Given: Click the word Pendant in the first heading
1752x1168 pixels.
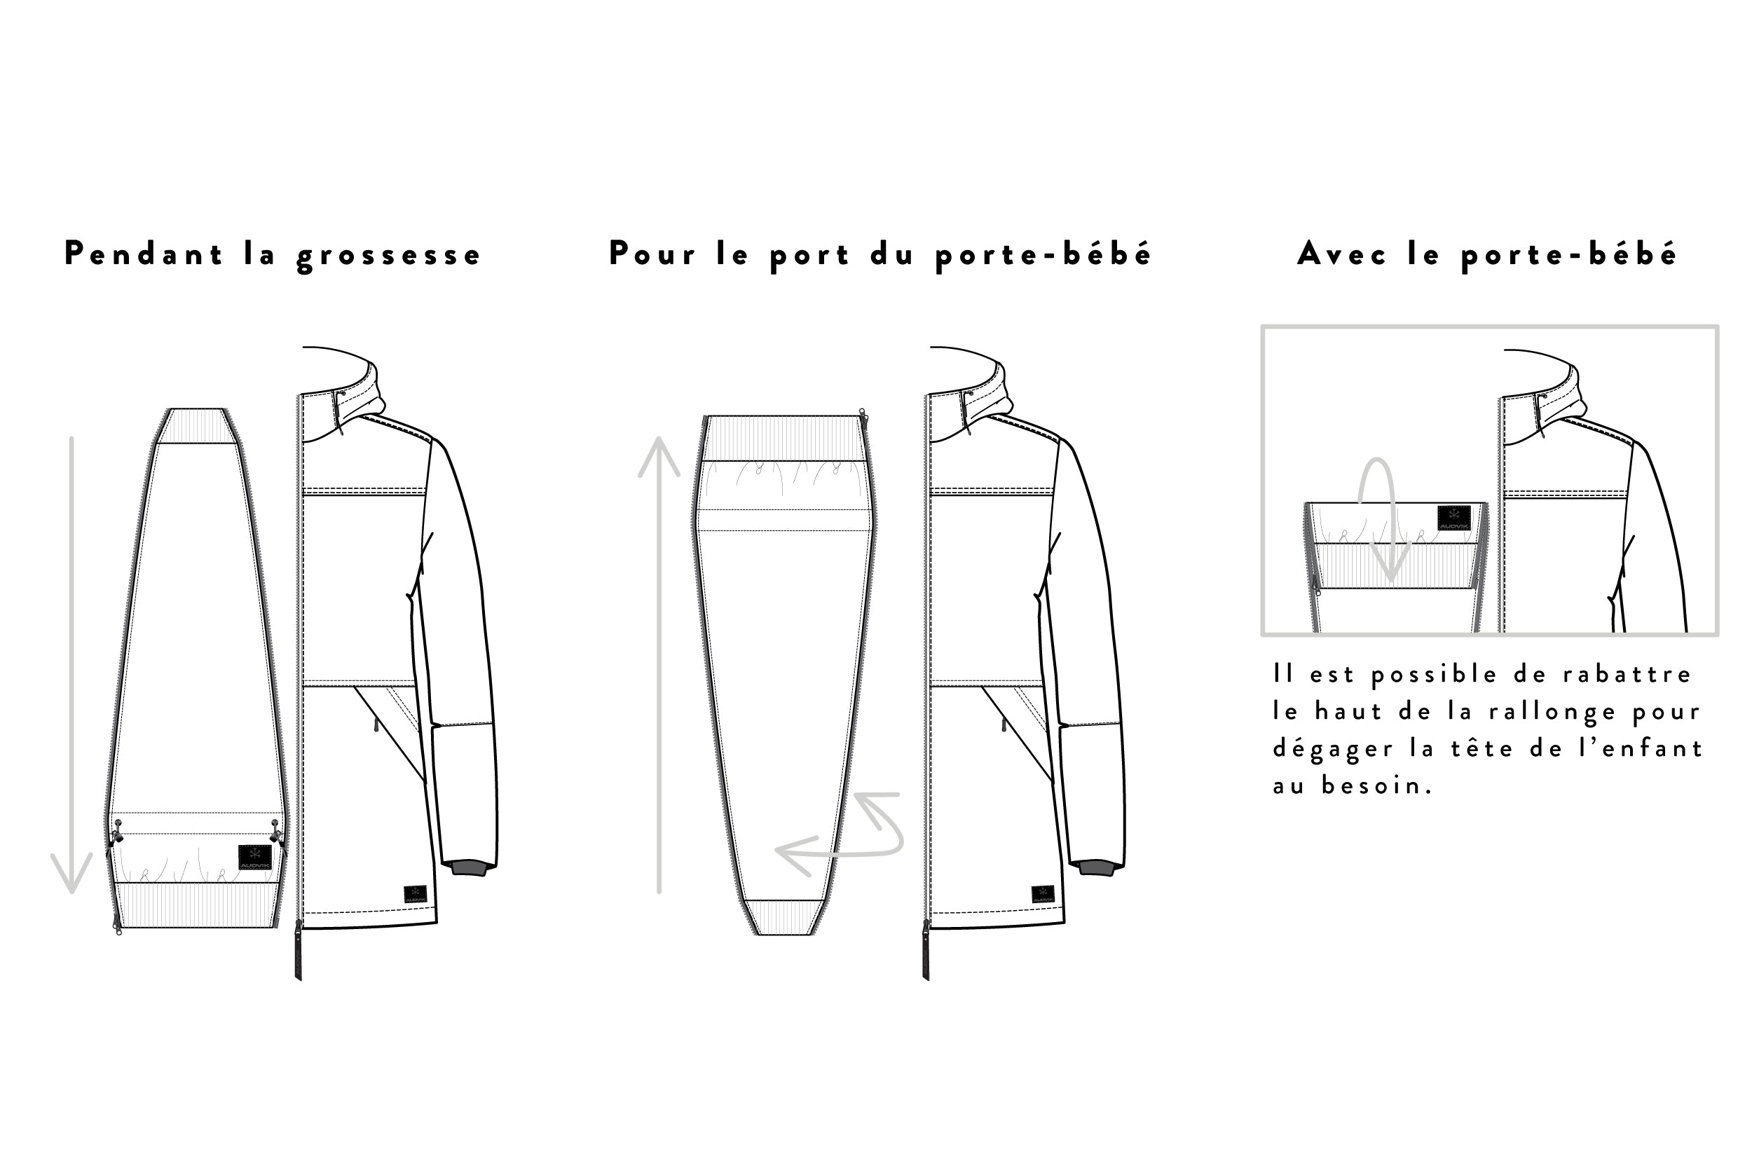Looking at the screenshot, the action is [x=144, y=254].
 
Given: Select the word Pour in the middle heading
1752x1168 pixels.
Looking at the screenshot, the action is [x=652, y=254].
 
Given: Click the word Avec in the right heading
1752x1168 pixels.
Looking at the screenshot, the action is [x=1342, y=254].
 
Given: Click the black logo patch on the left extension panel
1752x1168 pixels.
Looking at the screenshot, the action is [x=255, y=858].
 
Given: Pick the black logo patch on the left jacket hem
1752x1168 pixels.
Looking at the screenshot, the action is [x=415, y=894].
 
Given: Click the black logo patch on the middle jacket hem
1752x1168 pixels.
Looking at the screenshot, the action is [x=1043, y=894].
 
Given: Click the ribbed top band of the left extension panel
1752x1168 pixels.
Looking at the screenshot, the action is [x=196, y=425].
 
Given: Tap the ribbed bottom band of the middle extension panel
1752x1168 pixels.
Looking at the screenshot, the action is [x=784, y=917].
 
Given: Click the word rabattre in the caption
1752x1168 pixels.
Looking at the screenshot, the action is [x=1627, y=674].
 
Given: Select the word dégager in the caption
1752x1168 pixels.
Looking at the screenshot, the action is [x=1334, y=748].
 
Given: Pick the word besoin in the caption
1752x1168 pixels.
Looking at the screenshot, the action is [x=1377, y=785].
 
